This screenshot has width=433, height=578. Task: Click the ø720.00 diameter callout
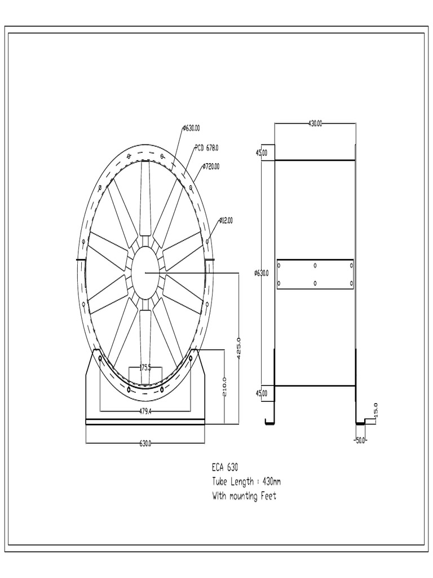[x=211, y=167]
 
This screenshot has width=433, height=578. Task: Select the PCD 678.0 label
[x=207, y=147]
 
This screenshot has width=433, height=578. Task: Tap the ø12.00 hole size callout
[x=225, y=220]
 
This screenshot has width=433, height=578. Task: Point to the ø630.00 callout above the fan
[x=192, y=128]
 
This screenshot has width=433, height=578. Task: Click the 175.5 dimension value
[x=145, y=367]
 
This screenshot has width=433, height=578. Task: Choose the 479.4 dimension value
[x=145, y=411]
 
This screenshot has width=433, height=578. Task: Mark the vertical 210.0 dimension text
[x=225, y=387]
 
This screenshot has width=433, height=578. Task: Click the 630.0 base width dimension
[x=145, y=444]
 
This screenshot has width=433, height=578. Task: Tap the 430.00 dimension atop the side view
[x=315, y=123]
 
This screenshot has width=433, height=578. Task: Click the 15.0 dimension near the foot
[x=376, y=409]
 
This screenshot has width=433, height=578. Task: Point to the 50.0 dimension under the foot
[x=360, y=440]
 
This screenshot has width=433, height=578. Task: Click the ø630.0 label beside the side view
[x=262, y=273]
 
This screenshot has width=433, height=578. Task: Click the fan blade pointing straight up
[x=146, y=198]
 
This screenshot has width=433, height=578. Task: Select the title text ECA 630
[x=226, y=467]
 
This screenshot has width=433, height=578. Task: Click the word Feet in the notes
[x=268, y=496]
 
